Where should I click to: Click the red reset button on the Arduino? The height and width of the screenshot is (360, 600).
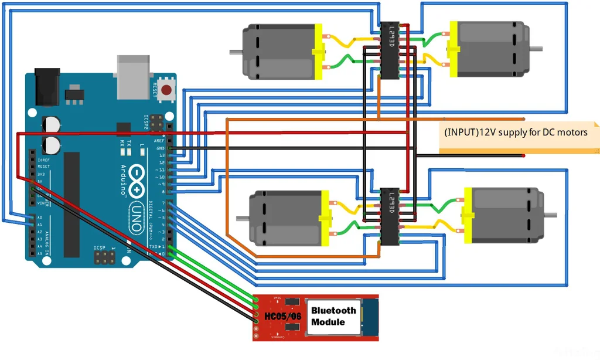[x=167, y=90]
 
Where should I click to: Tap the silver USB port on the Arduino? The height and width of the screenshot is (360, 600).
[x=134, y=77]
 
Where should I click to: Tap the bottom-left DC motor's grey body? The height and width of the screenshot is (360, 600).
[x=285, y=218]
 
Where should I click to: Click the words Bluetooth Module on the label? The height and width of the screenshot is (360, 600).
[x=333, y=316]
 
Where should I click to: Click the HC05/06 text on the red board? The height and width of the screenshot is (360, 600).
[x=284, y=317]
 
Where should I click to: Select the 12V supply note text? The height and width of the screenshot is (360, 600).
[x=515, y=133]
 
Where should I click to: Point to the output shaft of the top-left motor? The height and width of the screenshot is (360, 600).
[x=236, y=52]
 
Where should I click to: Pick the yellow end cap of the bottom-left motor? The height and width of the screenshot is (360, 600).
[x=325, y=218]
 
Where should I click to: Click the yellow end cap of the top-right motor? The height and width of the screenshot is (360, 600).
[x=452, y=50]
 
